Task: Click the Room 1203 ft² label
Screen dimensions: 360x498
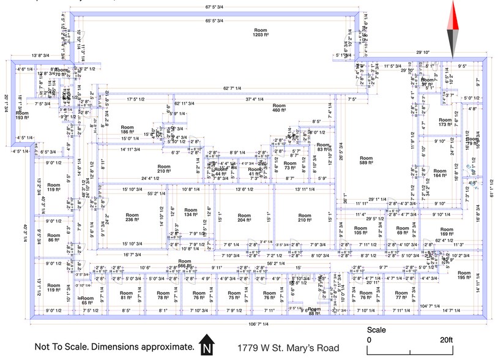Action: click(x=261, y=32)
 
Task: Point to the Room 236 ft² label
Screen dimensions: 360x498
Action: click(x=132, y=218)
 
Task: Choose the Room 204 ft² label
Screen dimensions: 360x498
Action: click(x=244, y=218)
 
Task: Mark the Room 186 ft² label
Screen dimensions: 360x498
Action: click(x=127, y=129)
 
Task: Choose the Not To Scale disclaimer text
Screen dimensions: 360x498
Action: click(x=114, y=347)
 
